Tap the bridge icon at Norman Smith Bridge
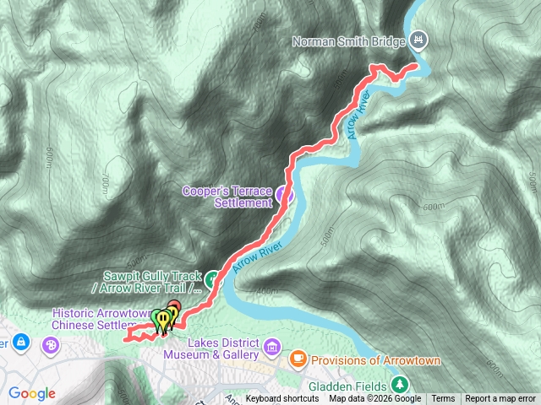coord(420,40)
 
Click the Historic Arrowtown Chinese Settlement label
coord(96,318)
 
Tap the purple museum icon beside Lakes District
coord(272,347)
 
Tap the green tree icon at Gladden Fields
coord(402,385)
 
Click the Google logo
coord(32,393)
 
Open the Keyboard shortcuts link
coord(282,399)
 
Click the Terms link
coord(443,399)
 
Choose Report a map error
coord(500,399)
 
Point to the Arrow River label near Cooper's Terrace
coord(257,252)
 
